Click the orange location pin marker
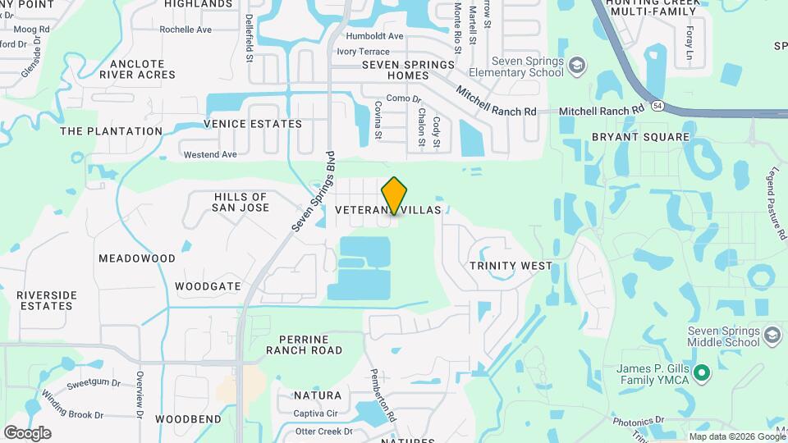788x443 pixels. [x=394, y=196]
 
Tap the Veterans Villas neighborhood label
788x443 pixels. [x=388, y=211]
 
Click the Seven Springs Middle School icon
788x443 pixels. [x=772, y=336]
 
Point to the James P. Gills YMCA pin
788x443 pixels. [x=700, y=374]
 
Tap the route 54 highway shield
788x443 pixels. [x=657, y=107]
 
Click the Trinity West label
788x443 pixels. [x=511, y=266]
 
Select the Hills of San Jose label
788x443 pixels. [x=241, y=202]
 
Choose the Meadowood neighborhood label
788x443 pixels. [x=137, y=258]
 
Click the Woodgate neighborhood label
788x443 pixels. [x=208, y=287]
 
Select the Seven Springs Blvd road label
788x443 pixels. [x=314, y=190]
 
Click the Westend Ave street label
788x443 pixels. [x=210, y=154]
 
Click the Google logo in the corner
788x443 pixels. [x=27, y=433]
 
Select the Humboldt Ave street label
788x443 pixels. [x=374, y=36]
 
